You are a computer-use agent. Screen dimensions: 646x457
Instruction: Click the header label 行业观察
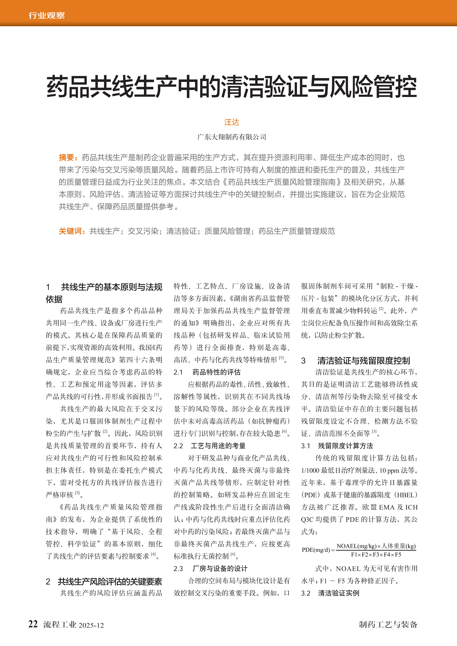point(46,15)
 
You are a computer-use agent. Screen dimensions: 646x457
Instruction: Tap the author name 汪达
point(231,122)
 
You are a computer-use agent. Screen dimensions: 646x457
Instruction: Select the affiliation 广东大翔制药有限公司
point(231,137)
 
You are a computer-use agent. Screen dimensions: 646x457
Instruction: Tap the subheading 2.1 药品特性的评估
point(207,372)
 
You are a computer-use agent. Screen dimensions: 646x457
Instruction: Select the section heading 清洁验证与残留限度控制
point(363,361)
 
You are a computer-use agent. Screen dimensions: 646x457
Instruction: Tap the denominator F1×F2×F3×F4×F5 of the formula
point(376,555)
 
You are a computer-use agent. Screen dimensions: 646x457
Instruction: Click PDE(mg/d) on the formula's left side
point(316,550)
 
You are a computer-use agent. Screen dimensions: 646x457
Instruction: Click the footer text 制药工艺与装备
point(388,625)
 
